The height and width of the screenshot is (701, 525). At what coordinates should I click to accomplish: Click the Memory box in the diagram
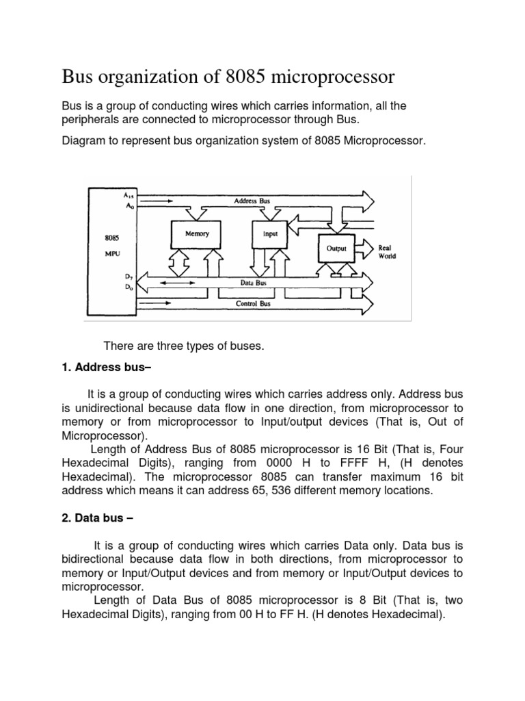(197, 234)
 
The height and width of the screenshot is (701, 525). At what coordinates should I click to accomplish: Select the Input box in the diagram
(271, 234)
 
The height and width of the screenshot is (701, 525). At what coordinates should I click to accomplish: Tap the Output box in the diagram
(336, 248)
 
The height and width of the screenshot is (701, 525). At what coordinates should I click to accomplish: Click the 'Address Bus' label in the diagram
(252, 201)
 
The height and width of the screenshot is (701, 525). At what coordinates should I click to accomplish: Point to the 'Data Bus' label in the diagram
(252, 282)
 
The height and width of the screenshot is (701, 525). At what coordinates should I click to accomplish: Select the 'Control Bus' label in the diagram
(252, 303)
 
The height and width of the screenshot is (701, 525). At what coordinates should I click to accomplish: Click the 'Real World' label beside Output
(387, 252)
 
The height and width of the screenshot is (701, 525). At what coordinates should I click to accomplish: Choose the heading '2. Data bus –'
(97, 518)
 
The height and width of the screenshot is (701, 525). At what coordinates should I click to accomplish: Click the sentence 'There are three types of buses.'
(183, 346)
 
